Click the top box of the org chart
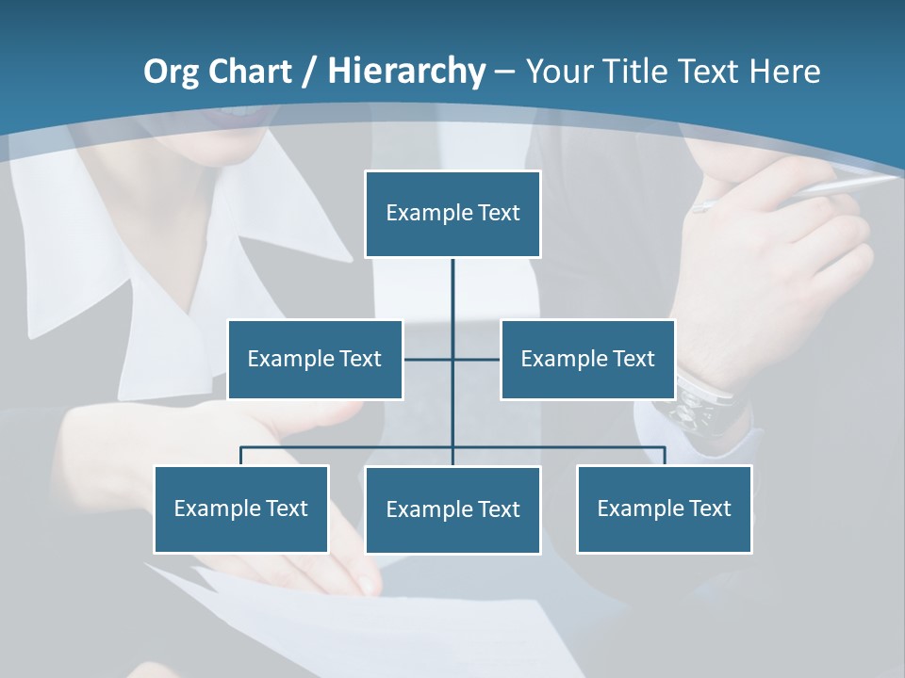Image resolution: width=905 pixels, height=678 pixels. point(452,214)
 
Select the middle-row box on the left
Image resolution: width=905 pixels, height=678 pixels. point(315,360)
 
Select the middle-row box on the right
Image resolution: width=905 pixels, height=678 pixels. point(587,360)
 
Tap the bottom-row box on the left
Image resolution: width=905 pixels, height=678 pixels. point(241,509)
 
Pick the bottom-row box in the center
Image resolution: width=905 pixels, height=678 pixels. point(452,510)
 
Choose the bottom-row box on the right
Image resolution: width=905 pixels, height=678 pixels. point(665,509)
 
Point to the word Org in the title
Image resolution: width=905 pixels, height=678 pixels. point(171,72)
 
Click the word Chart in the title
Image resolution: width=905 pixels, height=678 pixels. point(250,72)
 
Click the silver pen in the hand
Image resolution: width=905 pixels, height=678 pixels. point(801,192)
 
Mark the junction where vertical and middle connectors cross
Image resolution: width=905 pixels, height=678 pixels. point(452,360)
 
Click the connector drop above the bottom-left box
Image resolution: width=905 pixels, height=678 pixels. point(241,456)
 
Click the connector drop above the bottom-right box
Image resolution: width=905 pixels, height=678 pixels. point(665,456)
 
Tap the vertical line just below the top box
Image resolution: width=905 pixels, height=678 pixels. point(452,282)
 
